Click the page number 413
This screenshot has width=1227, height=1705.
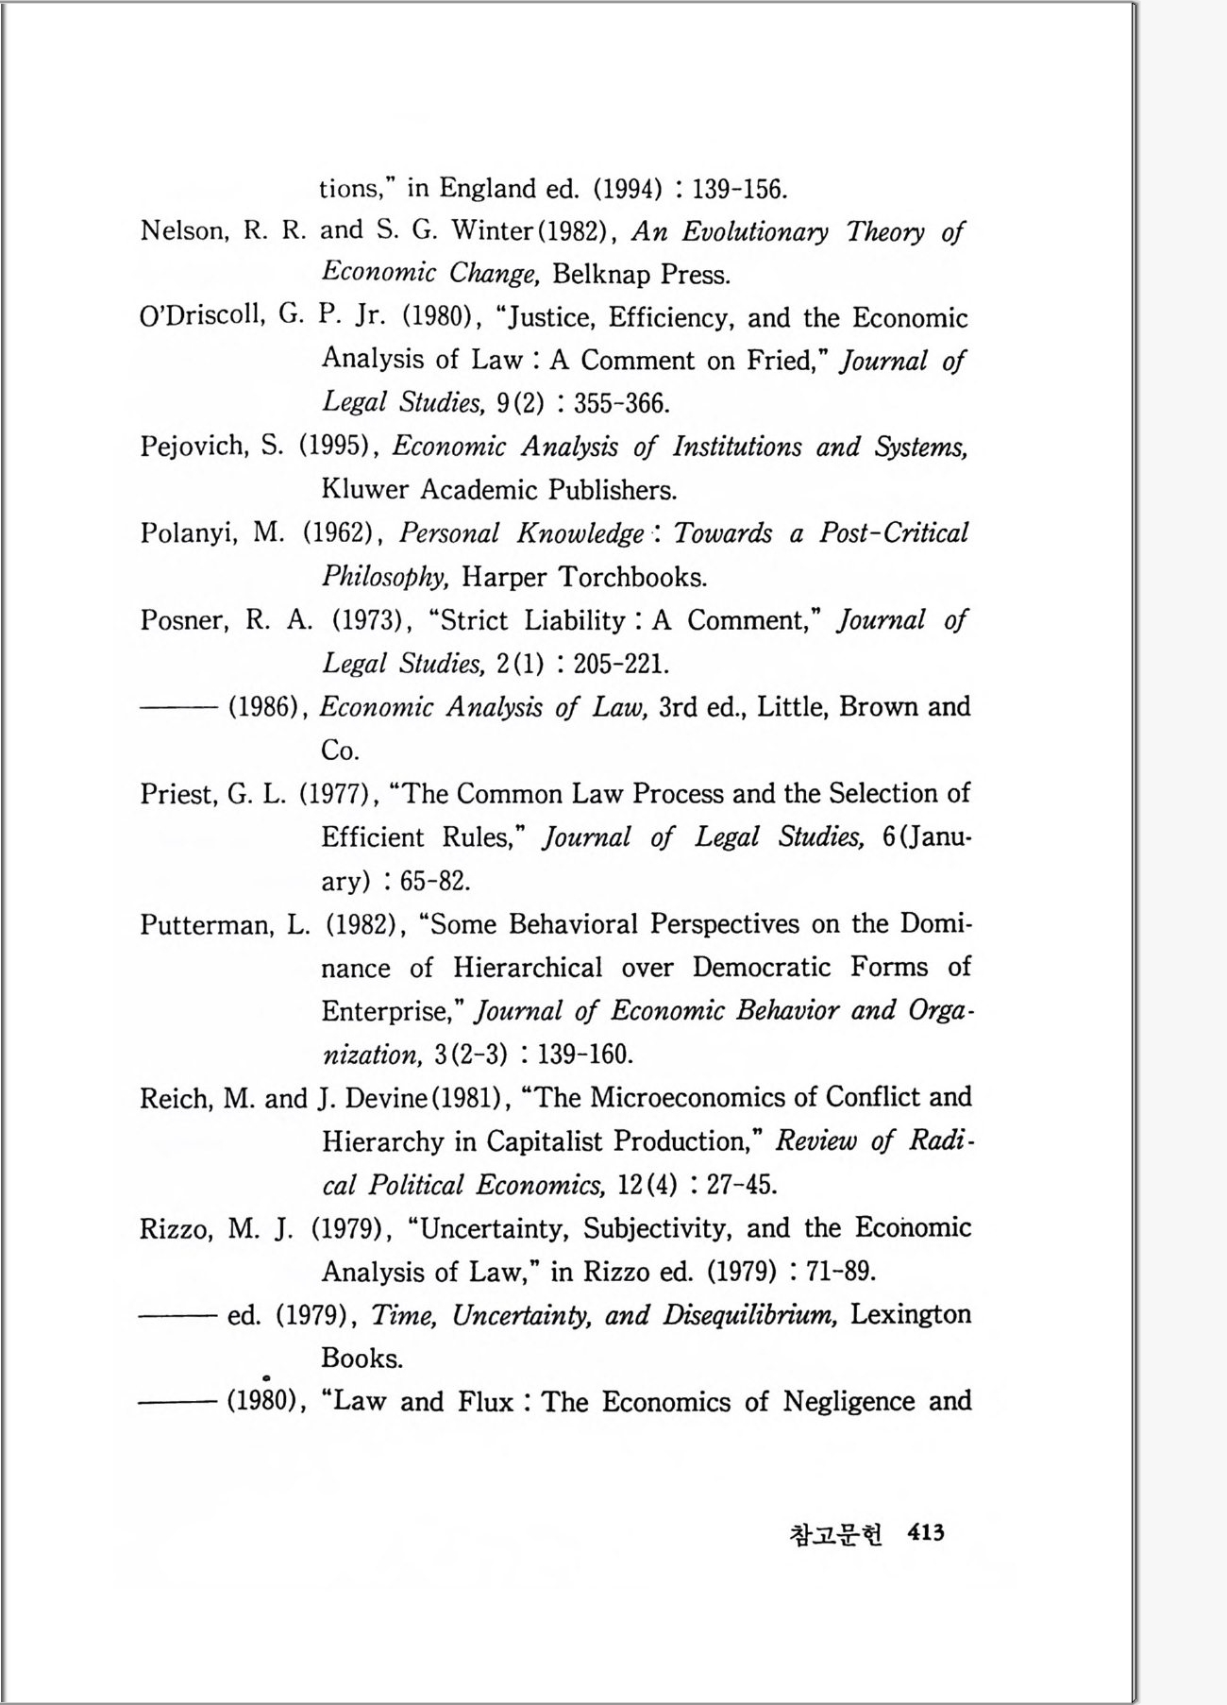click(925, 1532)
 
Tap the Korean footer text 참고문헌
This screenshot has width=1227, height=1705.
click(835, 1534)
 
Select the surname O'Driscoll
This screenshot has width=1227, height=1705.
click(200, 317)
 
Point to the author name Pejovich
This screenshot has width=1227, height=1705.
click(193, 447)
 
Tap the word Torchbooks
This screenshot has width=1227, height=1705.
click(632, 577)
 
